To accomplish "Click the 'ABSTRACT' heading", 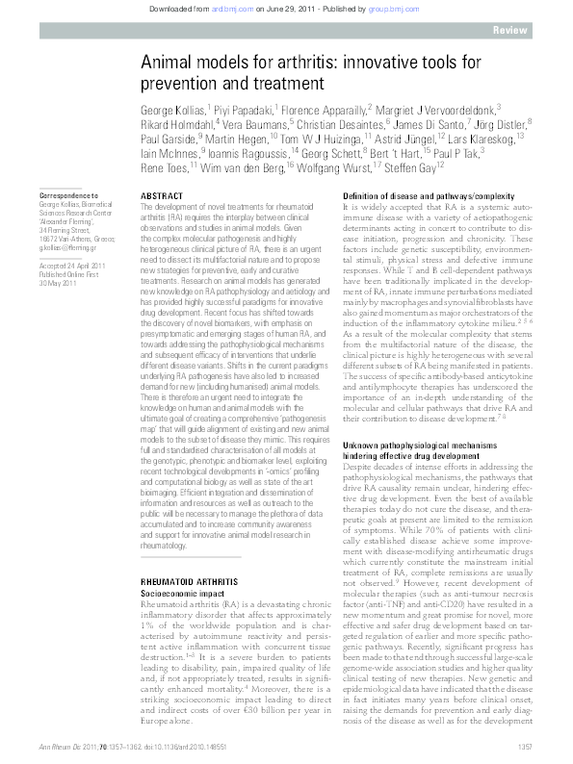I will pyautogui.click(x=162, y=195).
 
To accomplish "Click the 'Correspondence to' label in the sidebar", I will pyautogui.click(x=66, y=195).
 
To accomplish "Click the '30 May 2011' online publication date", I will pyautogui.click(x=57, y=282).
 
